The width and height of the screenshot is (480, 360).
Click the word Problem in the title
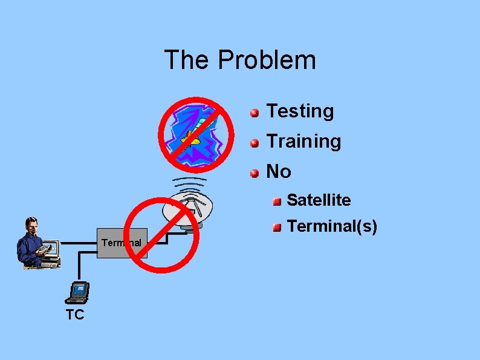[267, 60]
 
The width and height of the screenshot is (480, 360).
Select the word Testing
[300, 111]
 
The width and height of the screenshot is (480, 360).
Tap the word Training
[303, 142]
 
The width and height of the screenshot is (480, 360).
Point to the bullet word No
[279, 172]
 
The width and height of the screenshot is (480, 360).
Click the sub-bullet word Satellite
[319, 200]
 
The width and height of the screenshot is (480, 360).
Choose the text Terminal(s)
[332, 226]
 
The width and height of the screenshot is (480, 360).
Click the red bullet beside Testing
[255, 113]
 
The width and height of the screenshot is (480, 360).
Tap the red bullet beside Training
[255, 143]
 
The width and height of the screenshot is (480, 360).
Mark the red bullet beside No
[255, 173]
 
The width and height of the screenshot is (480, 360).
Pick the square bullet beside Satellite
[277, 201]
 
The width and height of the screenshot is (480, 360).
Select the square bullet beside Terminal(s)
[277, 227]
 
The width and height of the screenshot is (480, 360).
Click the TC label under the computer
[75, 315]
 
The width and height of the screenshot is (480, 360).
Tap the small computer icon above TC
[78, 292]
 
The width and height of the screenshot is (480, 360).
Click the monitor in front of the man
[51, 249]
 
